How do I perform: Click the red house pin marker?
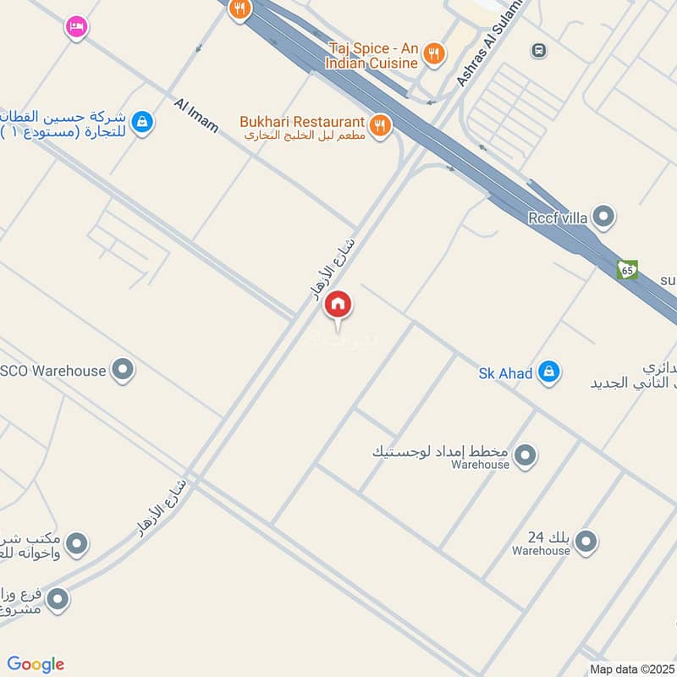[x=338, y=305]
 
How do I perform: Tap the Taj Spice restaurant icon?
[x=433, y=52]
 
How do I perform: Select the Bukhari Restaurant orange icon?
[x=380, y=125]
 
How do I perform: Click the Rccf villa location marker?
[x=603, y=217]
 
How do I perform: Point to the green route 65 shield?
[x=627, y=270]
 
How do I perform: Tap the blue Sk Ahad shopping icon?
[x=549, y=371]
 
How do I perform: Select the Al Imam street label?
[x=196, y=116]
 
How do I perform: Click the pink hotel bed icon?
[x=75, y=26]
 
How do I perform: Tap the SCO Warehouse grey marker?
[x=124, y=370]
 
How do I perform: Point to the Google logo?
[x=36, y=664]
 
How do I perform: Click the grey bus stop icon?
[x=537, y=51]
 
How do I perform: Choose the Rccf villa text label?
[x=558, y=217]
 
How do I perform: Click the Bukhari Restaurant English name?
[x=302, y=123]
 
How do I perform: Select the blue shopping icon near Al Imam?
[x=142, y=122]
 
